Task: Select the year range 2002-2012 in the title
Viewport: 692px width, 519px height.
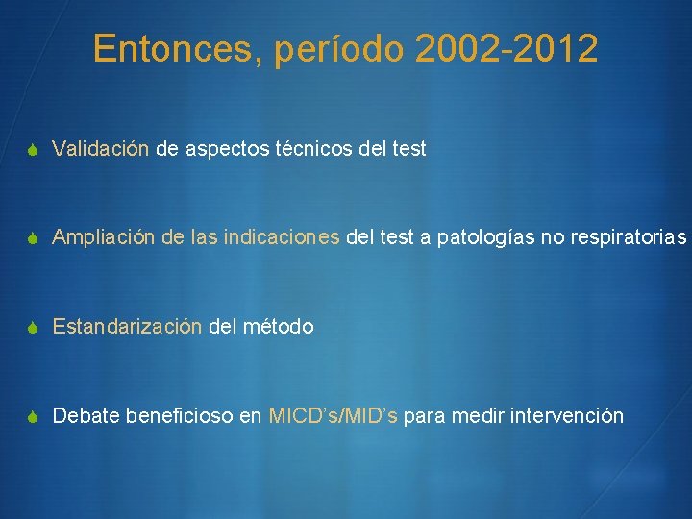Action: coord(507,49)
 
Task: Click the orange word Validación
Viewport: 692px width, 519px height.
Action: coord(101,149)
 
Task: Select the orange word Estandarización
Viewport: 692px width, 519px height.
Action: coord(127,327)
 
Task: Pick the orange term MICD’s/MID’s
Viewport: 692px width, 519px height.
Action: coord(334,416)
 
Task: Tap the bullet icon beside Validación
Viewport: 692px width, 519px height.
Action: coord(33,150)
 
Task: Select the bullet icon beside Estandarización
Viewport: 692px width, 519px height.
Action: coord(33,328)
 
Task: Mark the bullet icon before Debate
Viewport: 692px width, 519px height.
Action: coord(33,417)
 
